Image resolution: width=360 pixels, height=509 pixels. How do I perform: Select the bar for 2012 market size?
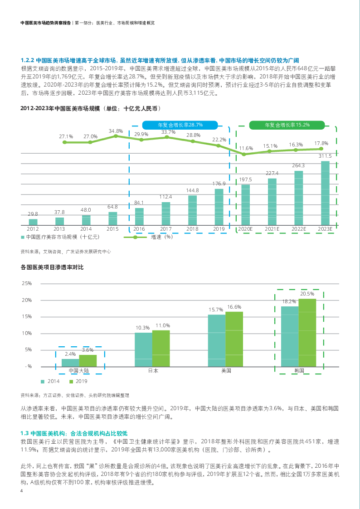[x=33, y=222]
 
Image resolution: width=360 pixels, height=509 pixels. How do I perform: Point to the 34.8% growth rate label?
[x=116, y=131]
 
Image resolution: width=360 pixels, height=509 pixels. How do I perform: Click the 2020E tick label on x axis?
[x=245, y=229]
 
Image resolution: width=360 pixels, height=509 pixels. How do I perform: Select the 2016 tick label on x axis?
[x=139, y=229]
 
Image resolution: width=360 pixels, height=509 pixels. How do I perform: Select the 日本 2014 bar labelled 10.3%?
[x=143, y=349]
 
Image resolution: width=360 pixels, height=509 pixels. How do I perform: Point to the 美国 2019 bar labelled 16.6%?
[x=234, y=339]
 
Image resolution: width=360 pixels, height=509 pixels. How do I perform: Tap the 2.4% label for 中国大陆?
[x=70, y=354]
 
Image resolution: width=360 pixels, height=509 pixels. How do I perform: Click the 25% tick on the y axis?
[x=27, y=283]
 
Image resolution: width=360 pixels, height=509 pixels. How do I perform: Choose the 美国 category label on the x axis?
[x=226, y=371]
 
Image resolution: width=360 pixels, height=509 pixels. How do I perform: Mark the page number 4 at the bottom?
[x=21, y=491]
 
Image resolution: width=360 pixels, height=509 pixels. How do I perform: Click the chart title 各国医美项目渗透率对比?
[x=52, y=267]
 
